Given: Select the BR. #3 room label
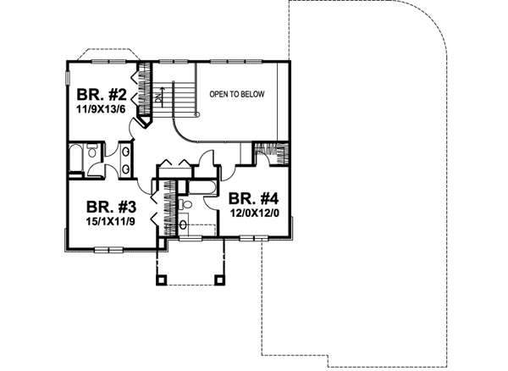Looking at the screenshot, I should tap(108, 205).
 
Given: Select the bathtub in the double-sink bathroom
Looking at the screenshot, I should tap(76, 158).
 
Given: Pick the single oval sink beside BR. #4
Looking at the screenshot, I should tap(185, 224).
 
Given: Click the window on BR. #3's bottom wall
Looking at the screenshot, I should tap(108, 249).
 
